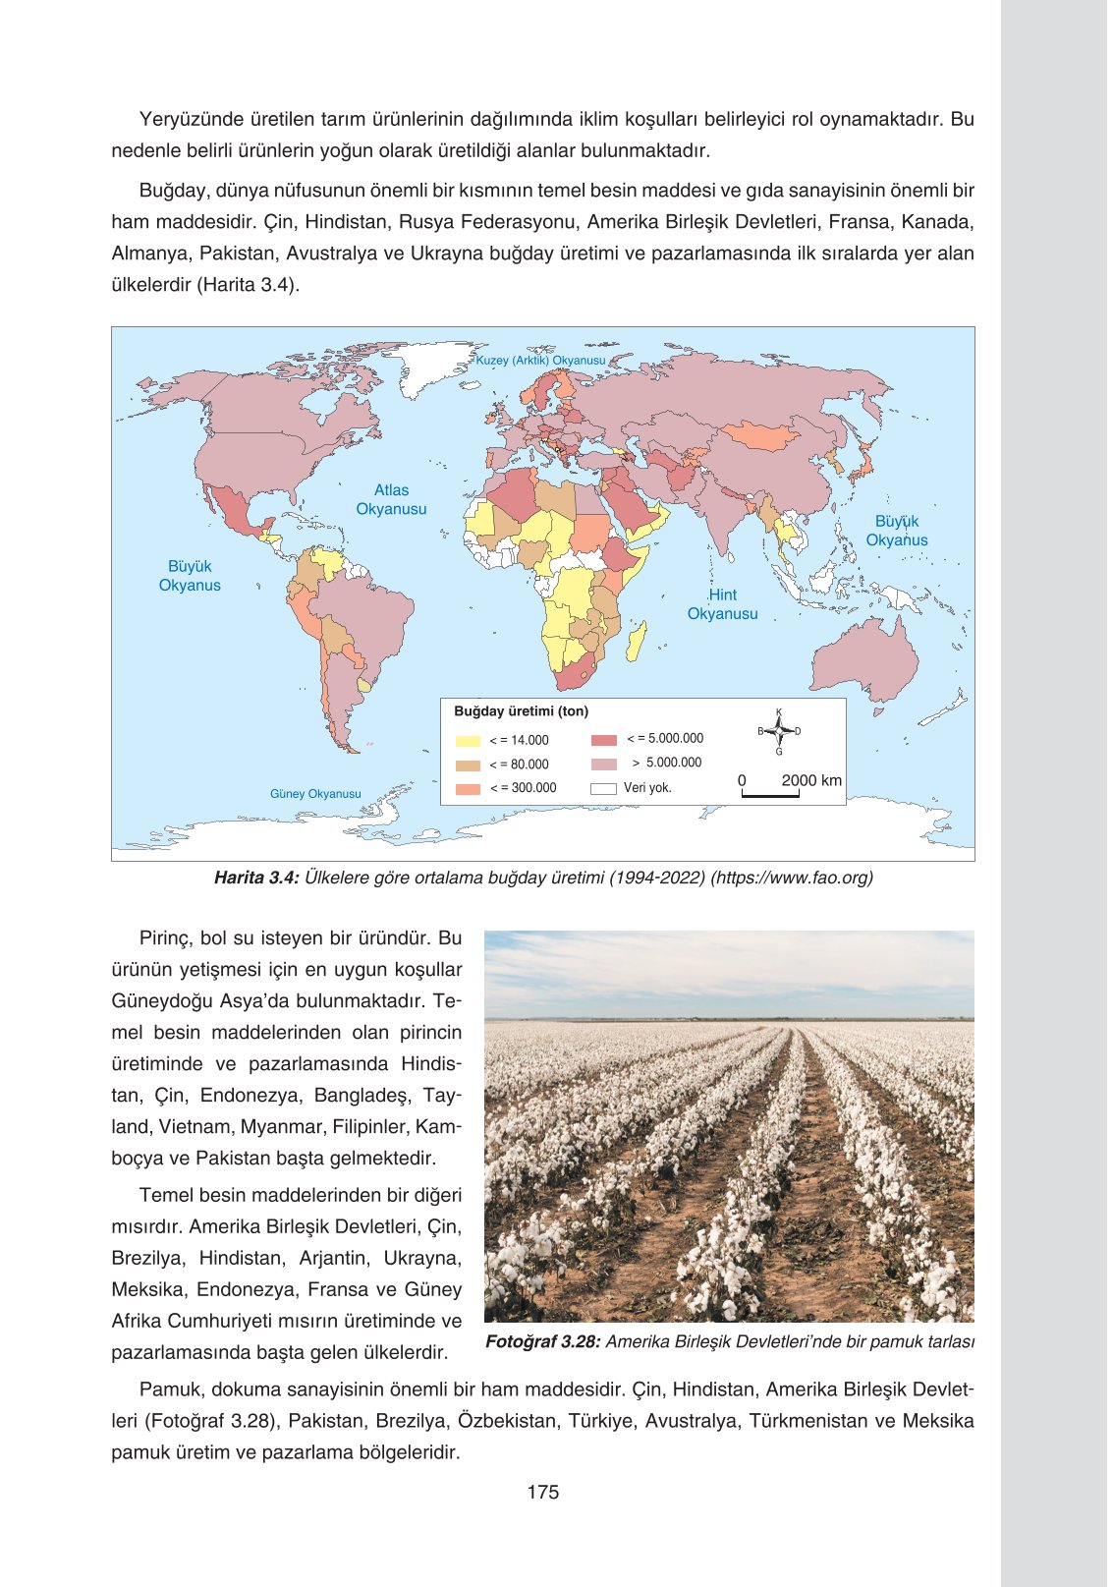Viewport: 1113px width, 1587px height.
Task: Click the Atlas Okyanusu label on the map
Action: tap(391, 499)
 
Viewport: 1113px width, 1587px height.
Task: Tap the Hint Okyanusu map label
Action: tap(722, 604)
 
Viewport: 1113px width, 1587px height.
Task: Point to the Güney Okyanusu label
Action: tap(315, 794)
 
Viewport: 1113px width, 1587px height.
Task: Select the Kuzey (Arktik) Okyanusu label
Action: tap(540, 361)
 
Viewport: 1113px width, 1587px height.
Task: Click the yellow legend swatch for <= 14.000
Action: tap(468, 741)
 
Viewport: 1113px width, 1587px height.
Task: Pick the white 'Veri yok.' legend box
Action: tap(603, 788)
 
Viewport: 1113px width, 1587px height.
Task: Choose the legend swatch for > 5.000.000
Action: tap(603, 764)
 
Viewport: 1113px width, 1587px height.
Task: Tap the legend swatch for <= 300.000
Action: tap(468, 788)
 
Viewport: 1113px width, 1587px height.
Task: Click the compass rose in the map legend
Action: tap(779, 731)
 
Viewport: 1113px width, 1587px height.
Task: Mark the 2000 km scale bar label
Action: tap(810, 780)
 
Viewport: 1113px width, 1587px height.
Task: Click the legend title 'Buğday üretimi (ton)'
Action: tap(521, 711)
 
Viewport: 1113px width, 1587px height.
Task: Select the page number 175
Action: tap(542, 1492)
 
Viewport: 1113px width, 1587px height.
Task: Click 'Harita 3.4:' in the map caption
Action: tap(255, 878)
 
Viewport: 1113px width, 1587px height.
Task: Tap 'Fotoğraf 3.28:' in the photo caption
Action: tap(542, 1342)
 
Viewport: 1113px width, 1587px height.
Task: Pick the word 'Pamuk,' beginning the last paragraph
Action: tap(169, 1389)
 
